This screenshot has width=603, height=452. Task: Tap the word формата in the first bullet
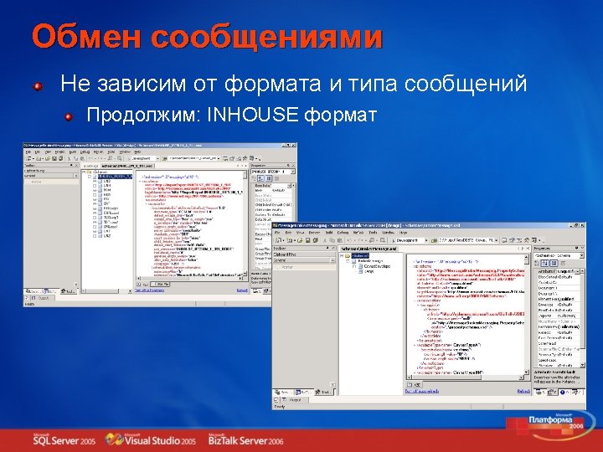pyautogui.click(x=312, y=84)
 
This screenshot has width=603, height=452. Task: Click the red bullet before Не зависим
pyautogui.click(x=39, y=85)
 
